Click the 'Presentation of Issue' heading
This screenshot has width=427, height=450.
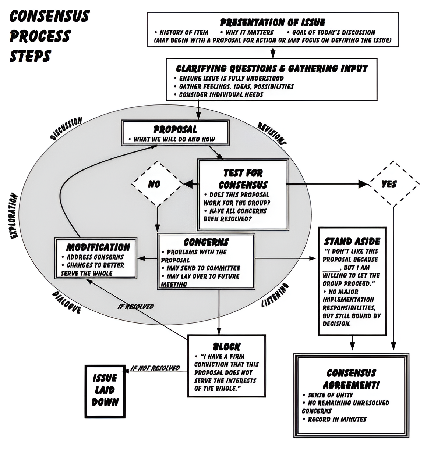(x=272, y=22)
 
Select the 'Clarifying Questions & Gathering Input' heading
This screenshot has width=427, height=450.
(x=272, y=68)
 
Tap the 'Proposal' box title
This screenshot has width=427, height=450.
(x=175, y=129)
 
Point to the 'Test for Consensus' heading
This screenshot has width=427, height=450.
(x=243, y=179)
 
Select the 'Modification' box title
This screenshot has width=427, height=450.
(x=98, y=247)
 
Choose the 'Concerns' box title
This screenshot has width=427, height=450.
(x=206, y=242)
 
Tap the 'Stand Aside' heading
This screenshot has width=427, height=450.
(x=352, y=242)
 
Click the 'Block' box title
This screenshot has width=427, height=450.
(x=226, y=346)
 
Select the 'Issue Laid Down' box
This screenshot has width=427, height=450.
(x=105, y=390)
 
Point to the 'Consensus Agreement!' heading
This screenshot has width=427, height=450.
(x=351, y=379)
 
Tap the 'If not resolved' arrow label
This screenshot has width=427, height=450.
(x=155, y=368)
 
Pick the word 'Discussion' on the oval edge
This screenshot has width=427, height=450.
(x=66, y=129)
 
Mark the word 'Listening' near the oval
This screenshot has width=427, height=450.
(x=275, y=296)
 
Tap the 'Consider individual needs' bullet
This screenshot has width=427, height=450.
(x=221, y=94)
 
